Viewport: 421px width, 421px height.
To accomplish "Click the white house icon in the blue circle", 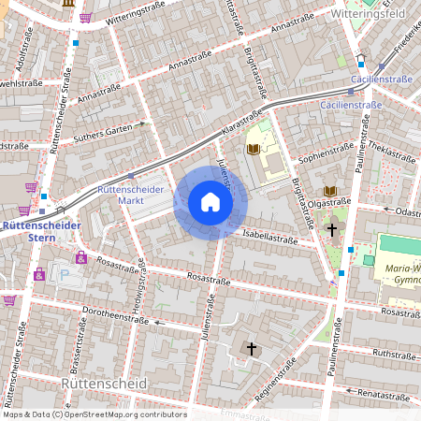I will (210, 202).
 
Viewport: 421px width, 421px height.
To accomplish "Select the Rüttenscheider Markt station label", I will (131, 195).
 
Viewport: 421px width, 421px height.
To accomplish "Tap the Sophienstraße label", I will (325, 149).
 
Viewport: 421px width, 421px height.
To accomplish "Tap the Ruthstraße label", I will (393, 354).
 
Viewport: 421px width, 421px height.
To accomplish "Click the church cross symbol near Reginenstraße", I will (250, 349).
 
